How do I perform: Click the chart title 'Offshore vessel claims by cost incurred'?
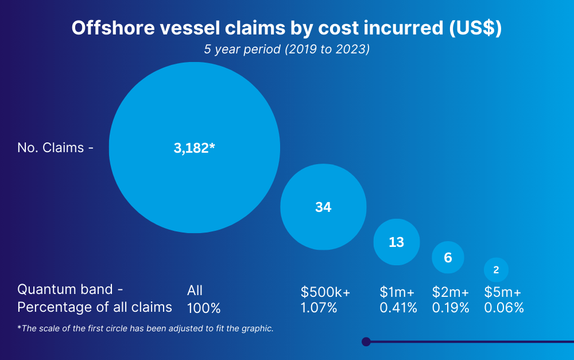pos(286,29)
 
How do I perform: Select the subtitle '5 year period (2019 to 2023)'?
pos(286,49)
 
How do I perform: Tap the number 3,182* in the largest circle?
pos(194,148)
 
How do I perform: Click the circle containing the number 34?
pos(323,207)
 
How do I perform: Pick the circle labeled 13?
pos(397,242)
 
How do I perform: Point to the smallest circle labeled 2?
pos(496,269)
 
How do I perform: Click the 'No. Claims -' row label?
pos(55,148)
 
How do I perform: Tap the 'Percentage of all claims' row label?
pos(94,307)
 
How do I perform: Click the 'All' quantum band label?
pos(195,291)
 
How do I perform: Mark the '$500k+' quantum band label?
pos(325,292)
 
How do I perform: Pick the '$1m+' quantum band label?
pos(397,292)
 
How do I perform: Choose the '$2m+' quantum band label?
pos(451,292)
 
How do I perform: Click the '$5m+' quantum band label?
pos(503,292)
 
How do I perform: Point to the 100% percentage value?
pos(204,308)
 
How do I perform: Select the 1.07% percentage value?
pos(319,308)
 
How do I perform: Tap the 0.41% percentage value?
pos(398,308)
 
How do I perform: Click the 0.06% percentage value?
pos(504,308)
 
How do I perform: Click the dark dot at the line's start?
pos(366,342)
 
